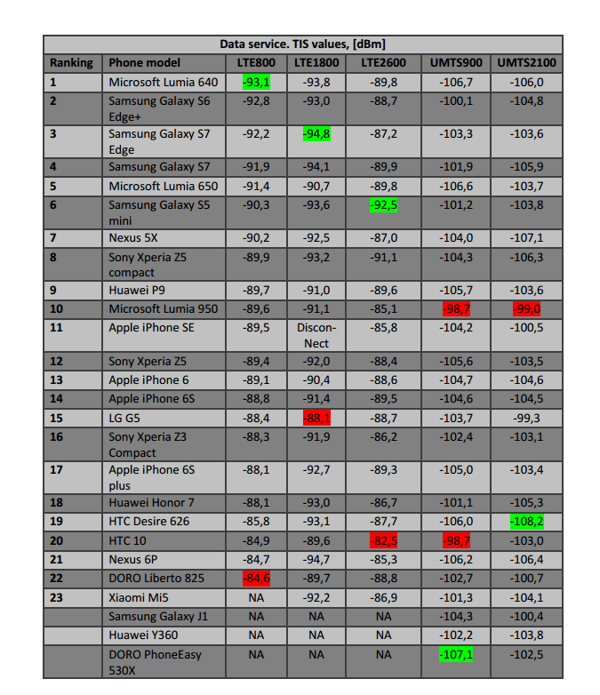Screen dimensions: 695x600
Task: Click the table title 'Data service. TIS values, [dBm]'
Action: [x=302, y=44]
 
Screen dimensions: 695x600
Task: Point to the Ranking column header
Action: [x=71, y=62]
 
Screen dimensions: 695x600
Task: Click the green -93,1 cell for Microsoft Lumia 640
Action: [x=256, y=82]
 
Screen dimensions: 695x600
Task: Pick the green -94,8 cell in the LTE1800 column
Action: [x=316, y=134]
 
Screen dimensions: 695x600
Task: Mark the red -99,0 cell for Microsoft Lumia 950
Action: [x=524, y=308]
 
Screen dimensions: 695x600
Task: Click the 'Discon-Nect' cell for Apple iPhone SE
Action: [x=316, y=335]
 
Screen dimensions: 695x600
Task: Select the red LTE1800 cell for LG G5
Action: [x=316, y=418]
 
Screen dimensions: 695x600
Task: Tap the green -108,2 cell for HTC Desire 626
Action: [x=524, y=521]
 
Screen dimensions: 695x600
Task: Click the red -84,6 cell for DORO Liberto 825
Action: [x=256, y=578]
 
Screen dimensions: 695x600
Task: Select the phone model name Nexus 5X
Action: [x=133, y=238]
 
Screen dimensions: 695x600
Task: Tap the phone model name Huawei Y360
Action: [x=143, y=635]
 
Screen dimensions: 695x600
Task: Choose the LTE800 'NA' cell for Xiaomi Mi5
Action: [x=256, y=597]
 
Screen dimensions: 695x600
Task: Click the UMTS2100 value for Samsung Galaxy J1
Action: [x=524, y=616]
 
